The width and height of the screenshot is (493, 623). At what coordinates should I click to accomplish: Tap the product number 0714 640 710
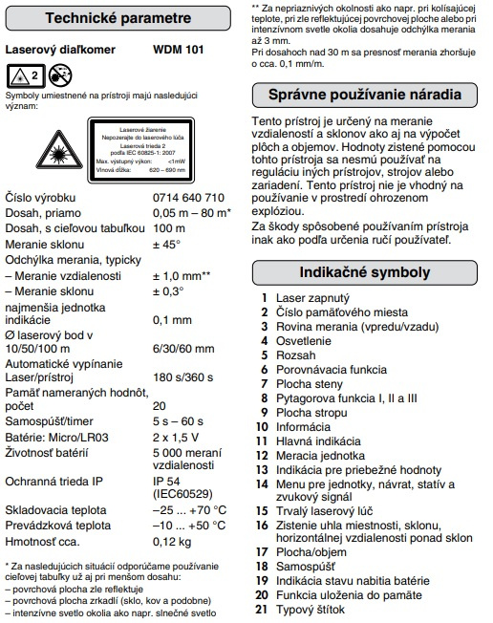click(x=189, y=198)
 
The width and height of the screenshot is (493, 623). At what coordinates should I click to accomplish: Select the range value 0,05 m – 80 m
click(x=190, y=212)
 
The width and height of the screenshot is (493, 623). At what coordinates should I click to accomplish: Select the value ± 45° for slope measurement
click(x=167, y=244)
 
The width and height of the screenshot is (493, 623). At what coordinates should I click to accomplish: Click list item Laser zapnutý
click(x=303, y=299)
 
